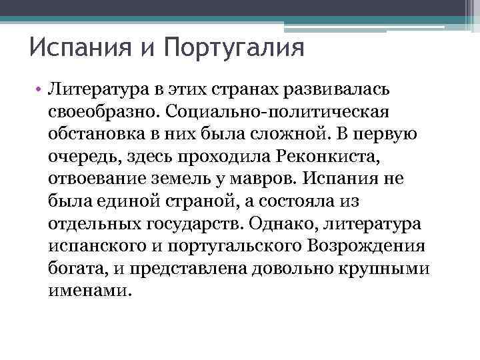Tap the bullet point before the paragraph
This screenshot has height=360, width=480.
click(x=40, y=89)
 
